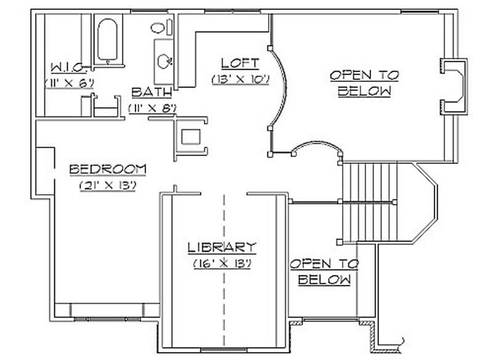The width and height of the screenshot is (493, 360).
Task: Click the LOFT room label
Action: point(240,63)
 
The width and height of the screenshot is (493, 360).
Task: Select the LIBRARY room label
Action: point(222,248)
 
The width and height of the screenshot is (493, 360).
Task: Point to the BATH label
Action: point(152,93)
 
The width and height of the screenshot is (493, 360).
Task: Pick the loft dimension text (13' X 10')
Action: point(241,79)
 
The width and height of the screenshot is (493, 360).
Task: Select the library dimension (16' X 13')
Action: point(222,263)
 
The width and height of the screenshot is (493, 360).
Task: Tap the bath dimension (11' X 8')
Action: point(153,108)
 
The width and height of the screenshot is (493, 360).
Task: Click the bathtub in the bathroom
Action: point(108,40)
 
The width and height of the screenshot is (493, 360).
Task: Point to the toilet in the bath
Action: point(158,27)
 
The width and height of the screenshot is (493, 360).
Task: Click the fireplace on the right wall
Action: point(454,86)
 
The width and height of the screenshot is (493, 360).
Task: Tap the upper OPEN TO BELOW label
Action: point(364,83)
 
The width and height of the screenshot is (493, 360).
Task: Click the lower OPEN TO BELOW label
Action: point(324,271)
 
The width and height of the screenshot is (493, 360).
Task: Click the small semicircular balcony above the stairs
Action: point(316,150)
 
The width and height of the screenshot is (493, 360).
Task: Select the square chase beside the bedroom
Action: point(192,136)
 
